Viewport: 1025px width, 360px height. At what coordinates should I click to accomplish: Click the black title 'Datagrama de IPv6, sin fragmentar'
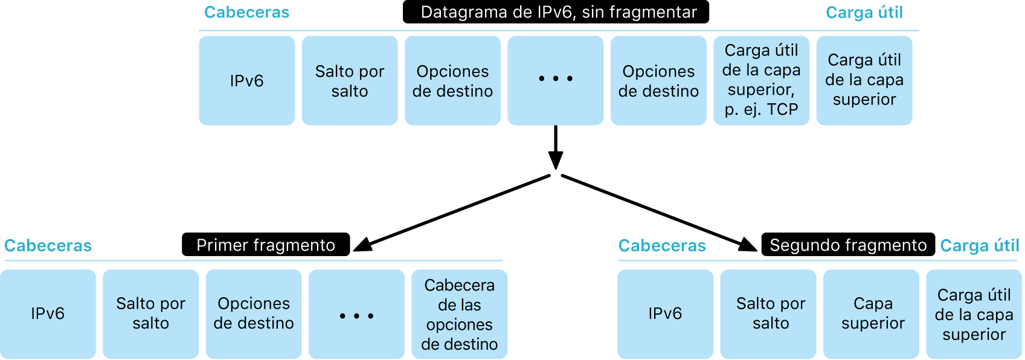[556, 12]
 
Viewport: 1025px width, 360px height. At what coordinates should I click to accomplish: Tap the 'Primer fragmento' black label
[266, 245]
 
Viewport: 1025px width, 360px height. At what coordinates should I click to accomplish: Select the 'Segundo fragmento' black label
[847, 245]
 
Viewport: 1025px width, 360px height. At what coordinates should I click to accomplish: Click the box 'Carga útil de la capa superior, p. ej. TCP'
[761, 80]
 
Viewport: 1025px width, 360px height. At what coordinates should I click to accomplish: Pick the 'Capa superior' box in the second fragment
[873, 313]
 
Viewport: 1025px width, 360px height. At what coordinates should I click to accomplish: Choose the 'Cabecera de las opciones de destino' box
[459, 314]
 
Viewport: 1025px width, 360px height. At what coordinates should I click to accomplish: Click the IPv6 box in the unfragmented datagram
[246, 80]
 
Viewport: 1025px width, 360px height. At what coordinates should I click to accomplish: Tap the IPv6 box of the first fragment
[48, 313]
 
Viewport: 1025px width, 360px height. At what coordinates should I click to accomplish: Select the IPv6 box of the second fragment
[665, 313]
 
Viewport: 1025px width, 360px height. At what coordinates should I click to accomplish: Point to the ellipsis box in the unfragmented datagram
[555, 80]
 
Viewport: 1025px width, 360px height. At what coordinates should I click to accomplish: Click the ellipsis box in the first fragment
[356, 313]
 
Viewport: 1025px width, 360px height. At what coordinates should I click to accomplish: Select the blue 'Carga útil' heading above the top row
[864, 13]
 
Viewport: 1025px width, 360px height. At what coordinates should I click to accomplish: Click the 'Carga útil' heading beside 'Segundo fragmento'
[980, 246]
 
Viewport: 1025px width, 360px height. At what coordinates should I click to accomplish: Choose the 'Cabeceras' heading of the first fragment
[48, 246]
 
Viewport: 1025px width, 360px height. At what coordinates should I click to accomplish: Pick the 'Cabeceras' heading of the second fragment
[662, 246]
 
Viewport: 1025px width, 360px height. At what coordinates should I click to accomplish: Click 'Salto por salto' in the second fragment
[771, 313]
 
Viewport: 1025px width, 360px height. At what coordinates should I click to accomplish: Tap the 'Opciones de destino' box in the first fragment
[254, 313]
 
